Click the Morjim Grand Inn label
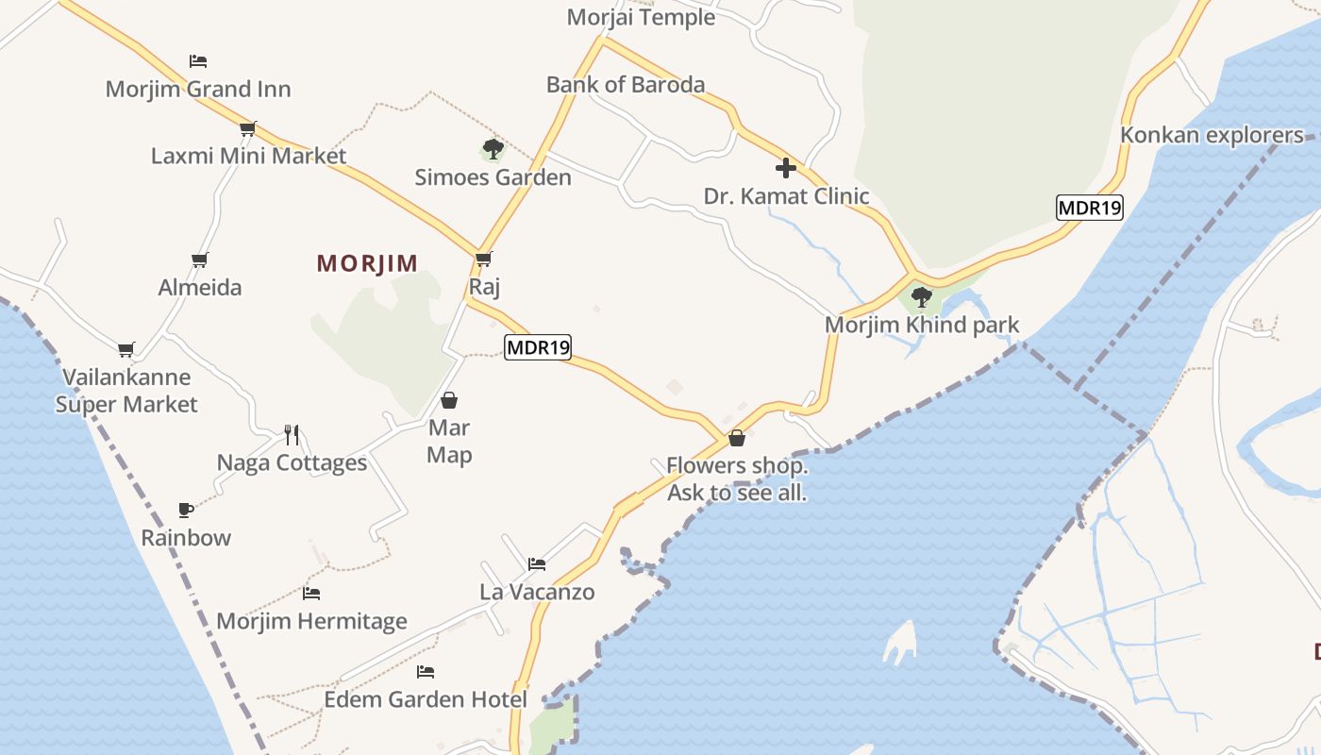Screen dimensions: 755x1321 (x=198, y=90)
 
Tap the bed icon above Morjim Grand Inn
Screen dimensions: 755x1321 (x=198, y=61)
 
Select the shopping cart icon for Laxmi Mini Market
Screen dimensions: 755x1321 (x=248, y=128)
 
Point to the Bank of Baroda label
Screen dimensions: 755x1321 (x=626, y=85)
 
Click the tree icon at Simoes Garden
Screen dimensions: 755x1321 (x=493, y=148)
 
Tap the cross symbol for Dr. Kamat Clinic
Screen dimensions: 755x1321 (x=785, y=169)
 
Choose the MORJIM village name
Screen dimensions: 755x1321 (x=367, y=263)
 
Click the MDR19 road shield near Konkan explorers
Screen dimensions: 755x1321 (x=1090, y=208)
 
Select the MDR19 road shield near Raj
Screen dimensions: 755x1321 (x=538, y=347)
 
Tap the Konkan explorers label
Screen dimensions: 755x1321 (x=1212, y=135)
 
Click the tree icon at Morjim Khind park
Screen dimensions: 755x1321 (x=922, y=297)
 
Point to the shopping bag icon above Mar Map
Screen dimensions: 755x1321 (x=449, y=400)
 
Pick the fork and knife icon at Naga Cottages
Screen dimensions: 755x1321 (x=292, y=435)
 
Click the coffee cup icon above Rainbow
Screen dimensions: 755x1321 (x=186, y=511)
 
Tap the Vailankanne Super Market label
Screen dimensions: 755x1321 (x=126, y=391)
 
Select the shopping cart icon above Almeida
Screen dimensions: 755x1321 (x=199, y=260)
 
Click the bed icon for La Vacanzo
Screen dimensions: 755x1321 (x=537, y=564)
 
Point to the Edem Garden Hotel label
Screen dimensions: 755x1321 (x=426, y=699)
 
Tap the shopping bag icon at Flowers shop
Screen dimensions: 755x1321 (x=737, y=438)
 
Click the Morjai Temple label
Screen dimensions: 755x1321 (x=641, y=17)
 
